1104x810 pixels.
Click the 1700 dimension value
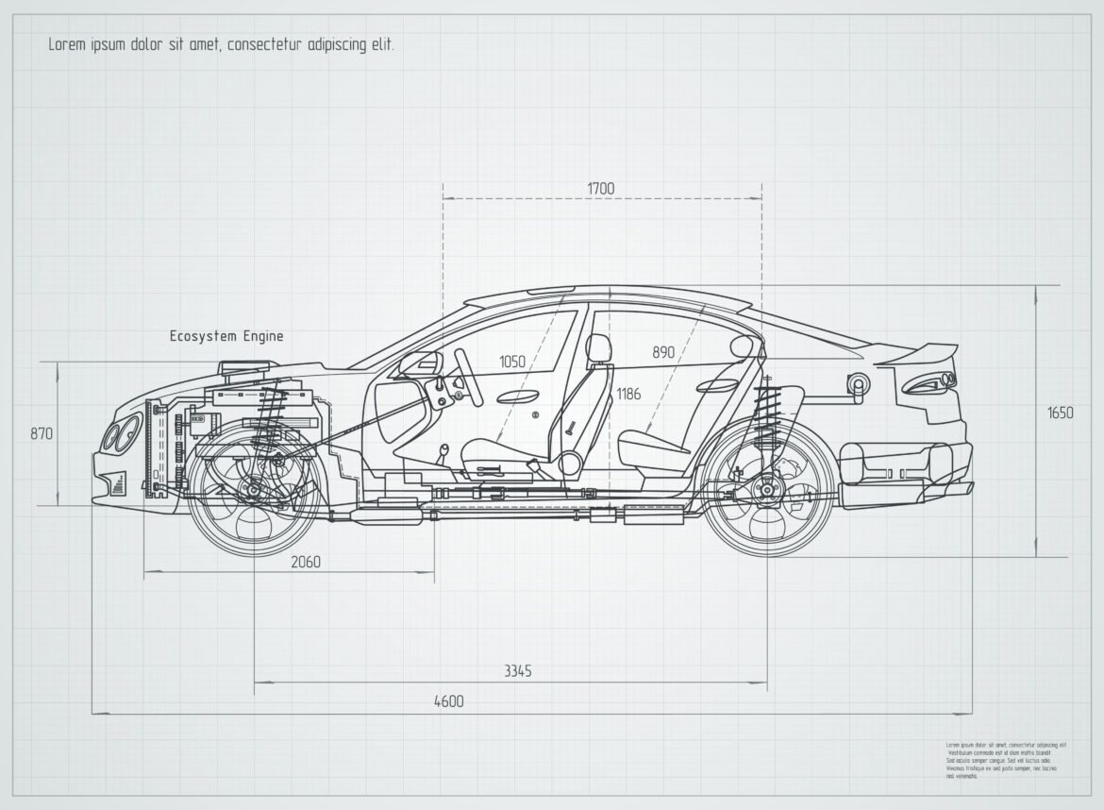(600, 189)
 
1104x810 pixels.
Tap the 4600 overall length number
(448, 701)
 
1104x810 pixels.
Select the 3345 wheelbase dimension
(517, 671)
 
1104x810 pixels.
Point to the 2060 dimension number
(305, 563)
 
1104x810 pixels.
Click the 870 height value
(42, 434)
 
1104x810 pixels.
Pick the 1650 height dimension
(1060, 413)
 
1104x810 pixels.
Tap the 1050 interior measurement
(512, 362)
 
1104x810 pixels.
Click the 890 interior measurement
(663, 352)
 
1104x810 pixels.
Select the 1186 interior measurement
(628, 394)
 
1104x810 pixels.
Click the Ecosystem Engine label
(226, 336)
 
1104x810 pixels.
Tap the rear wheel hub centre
(768, 490)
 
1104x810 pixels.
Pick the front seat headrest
(598, 349)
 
